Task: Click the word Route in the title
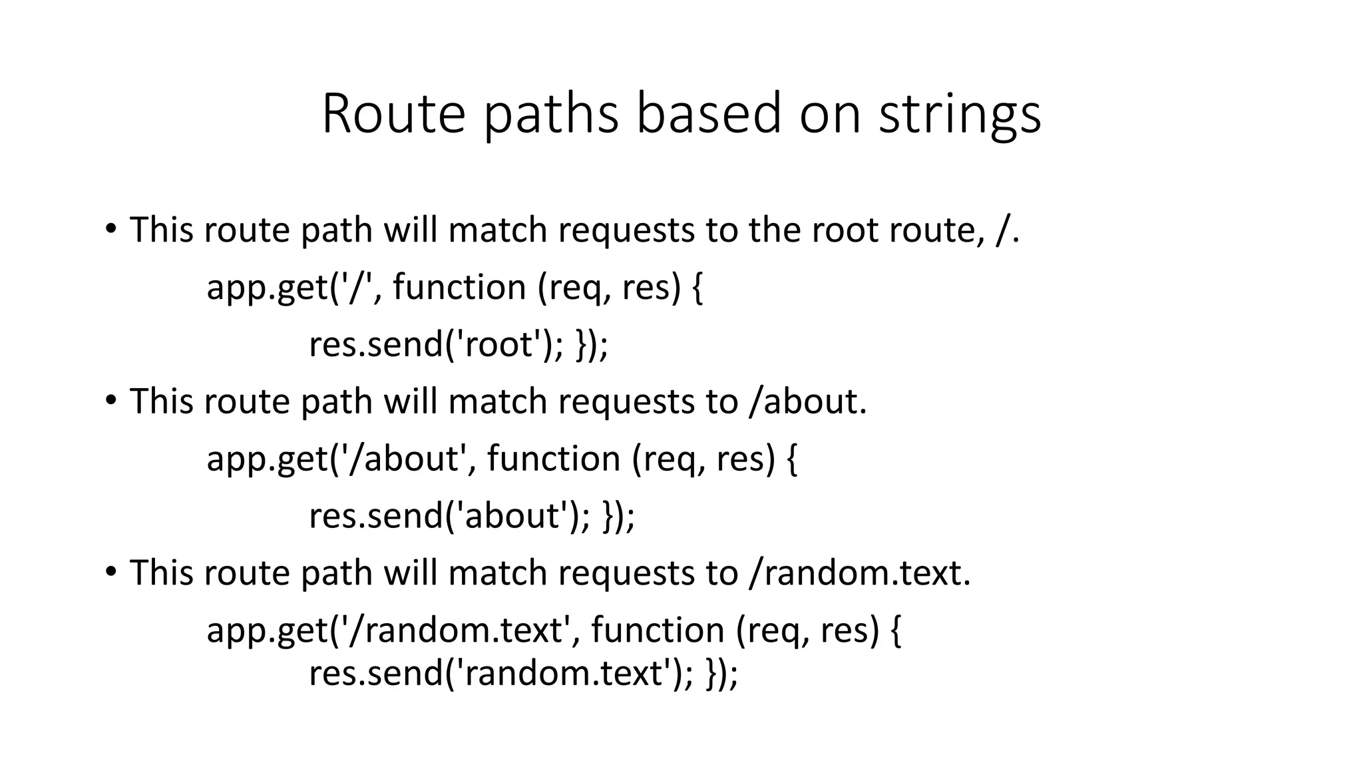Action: click(x=393, y=114)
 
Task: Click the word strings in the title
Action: click(x=960, y=114)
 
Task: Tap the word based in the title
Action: click(x=708, y=114)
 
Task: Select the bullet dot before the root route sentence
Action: click(x=110, y=229)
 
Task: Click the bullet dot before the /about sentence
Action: click(x=110, y=400)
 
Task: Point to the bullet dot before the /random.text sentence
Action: click(x=110, y=572)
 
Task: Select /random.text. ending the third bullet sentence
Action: click(x=859, y=573)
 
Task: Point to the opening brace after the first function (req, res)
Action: click(x=697, y=288)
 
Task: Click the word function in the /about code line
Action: click(x=554, y=459)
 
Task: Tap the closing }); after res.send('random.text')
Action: click(x=722, y=673)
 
